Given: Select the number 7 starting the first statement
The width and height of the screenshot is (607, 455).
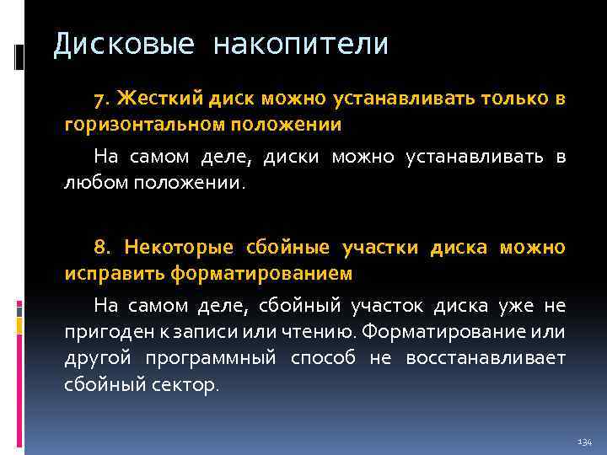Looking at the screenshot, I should tap(100, 99).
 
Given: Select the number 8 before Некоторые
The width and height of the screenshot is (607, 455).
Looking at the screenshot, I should tap(100, 248).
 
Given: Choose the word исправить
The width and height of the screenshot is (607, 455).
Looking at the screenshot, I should tap(115, 274).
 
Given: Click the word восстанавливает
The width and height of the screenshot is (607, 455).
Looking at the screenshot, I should tap(486, 359).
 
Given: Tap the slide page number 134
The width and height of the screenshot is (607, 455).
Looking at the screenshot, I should tap(585, 442).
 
